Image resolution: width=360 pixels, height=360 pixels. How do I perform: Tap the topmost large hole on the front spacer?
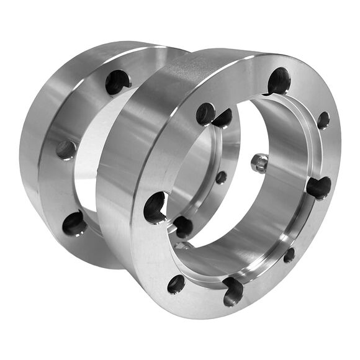[x=279, y=81]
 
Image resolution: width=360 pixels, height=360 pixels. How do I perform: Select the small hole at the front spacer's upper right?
[x=323, y=120]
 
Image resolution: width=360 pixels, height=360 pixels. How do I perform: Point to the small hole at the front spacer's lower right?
[x=289, y=254]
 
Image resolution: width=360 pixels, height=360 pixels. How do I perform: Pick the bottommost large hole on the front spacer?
[x=233, y=290]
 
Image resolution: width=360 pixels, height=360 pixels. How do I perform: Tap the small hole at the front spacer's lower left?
[x=176, y=284]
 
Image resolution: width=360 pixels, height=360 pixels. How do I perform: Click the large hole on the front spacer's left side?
[x=155, y=207]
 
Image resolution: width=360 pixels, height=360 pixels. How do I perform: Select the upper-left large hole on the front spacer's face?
[x=205, y=114]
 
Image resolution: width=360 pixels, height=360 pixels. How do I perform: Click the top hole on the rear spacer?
[x=117, y=82]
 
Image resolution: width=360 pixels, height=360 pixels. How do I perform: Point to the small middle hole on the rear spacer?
[x=66, y=150]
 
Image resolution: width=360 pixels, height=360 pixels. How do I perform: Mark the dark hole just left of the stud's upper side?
[x=223, y=118]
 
